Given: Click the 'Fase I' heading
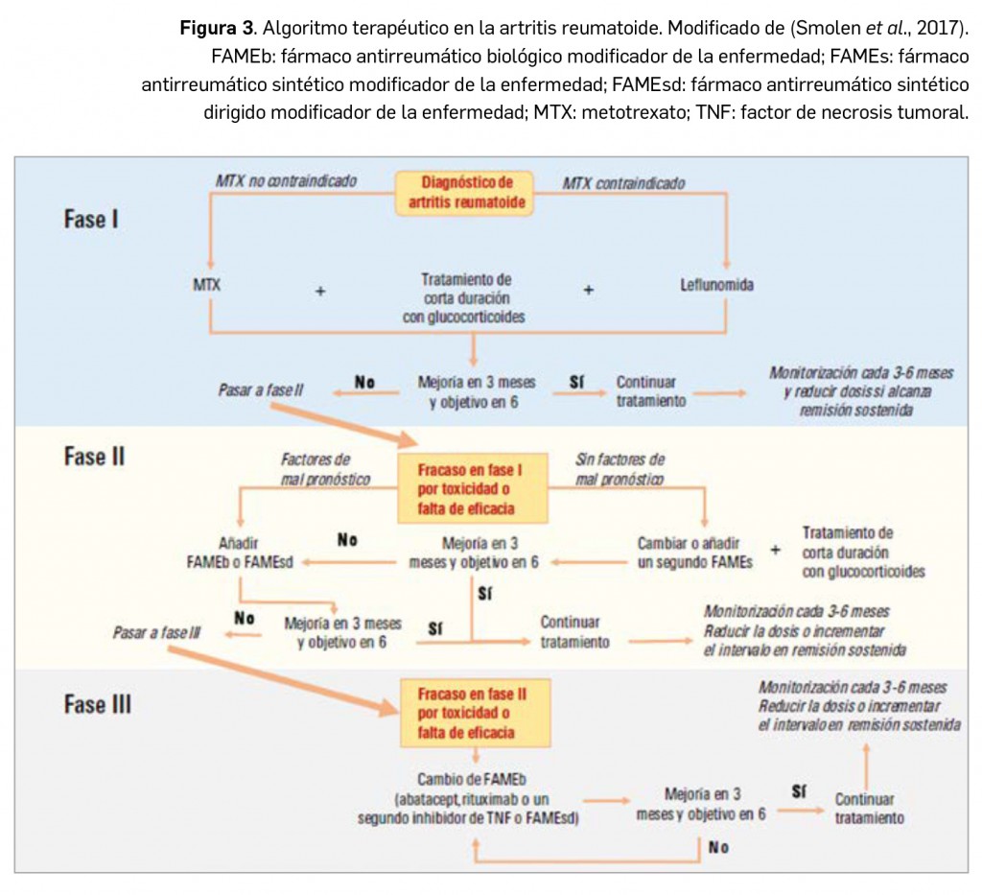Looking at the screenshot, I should point(91,219).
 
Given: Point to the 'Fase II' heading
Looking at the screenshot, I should point(94,456).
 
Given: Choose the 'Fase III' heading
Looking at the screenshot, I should point(97,704).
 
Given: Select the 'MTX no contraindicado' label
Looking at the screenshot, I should point(286,180).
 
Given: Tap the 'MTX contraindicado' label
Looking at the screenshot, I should point(623,182).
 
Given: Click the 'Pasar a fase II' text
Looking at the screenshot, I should point(260,391).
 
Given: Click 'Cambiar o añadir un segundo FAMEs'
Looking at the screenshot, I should point(695,553).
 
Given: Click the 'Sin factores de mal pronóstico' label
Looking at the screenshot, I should point(620,469).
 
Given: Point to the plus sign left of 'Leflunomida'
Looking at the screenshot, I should point(589,288).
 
